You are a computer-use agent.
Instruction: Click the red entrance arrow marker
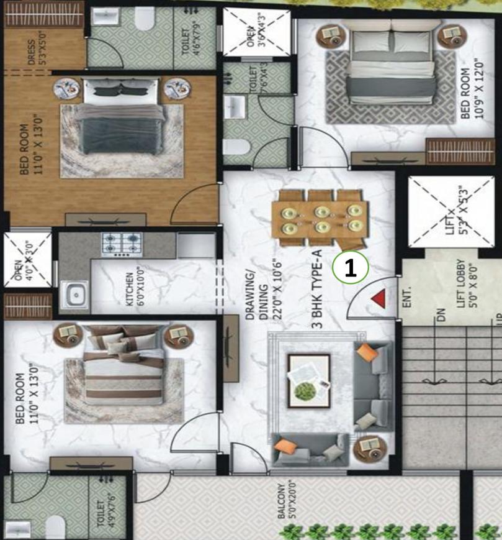click(x=379, y=300)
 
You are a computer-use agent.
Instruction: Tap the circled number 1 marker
click(x=351, y=268)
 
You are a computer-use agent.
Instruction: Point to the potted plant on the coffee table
click(x=304, y=391)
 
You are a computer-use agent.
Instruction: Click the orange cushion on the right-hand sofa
click(x=367, y=353)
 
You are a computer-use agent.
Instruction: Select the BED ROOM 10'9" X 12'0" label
click(x=470, y=87)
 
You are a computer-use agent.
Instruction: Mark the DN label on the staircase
click(x=441, y=315)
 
